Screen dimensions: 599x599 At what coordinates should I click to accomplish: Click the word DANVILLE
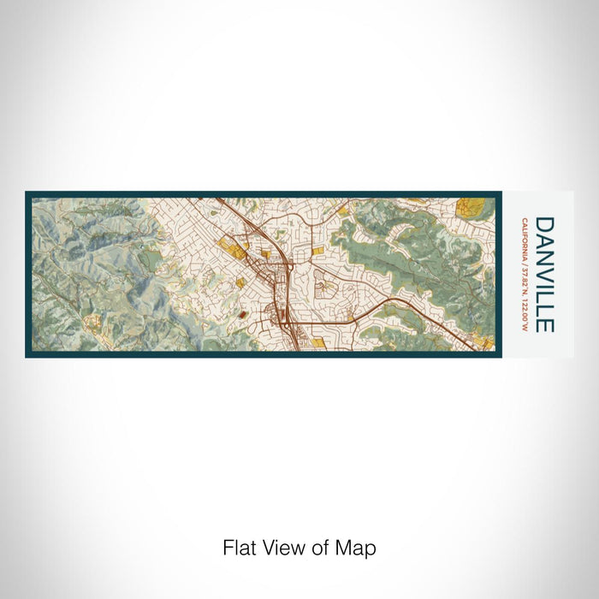[x=544, y=274]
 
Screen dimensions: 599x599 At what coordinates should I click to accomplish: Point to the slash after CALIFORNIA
[x=523, y=261]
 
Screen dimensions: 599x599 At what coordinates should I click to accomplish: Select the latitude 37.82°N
[x=523, y=278]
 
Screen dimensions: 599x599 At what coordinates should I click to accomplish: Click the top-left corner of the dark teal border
[x=27, y=193]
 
